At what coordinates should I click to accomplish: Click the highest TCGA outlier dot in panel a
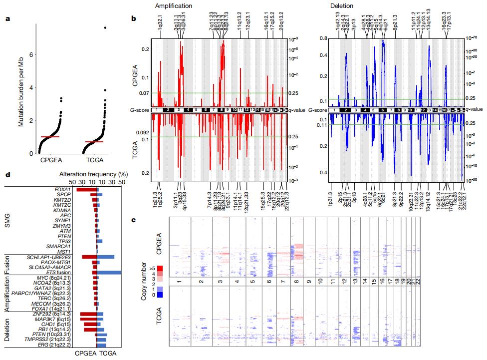click(105, 28)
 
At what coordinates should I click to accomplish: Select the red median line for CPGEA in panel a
click(50, 136)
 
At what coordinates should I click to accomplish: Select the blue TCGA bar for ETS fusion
click(109, 273)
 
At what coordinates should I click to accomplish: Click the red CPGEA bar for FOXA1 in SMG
click(86, 190)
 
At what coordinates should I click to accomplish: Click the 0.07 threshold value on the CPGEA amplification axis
click(144, 93)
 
